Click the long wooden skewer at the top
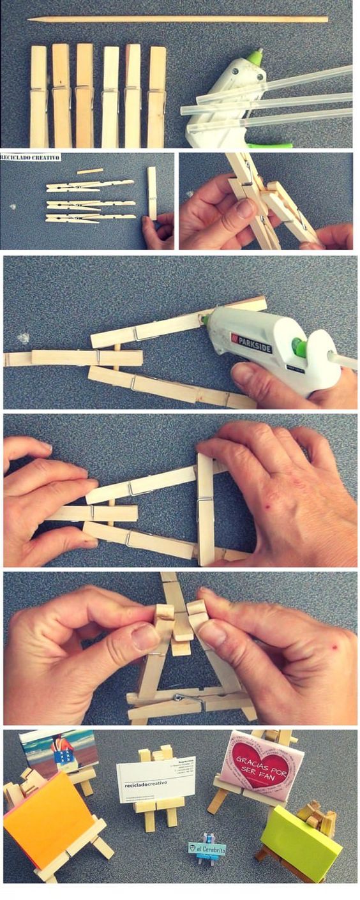[x=179, y=20]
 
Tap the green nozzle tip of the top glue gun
[x=256, y=57]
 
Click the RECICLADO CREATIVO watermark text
[x=30, y=157]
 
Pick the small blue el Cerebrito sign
[x=207, y=850]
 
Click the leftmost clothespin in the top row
[x=38, y=96]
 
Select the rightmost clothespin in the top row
[x=157, y=96]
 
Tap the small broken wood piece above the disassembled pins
[x=89, y=171]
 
